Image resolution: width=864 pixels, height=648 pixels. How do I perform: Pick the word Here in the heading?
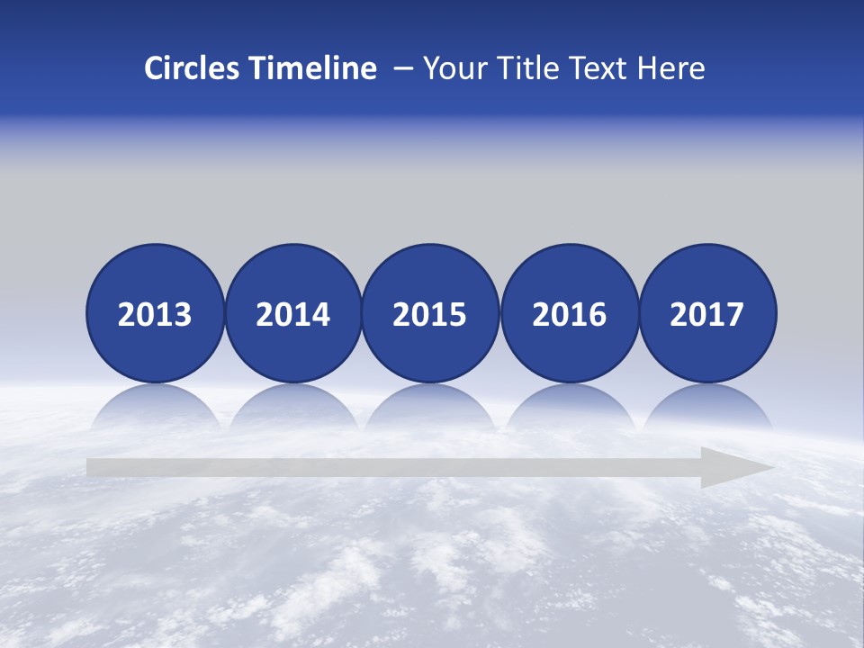(670, 68)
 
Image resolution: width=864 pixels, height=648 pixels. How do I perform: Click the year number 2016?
(569, 314)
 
